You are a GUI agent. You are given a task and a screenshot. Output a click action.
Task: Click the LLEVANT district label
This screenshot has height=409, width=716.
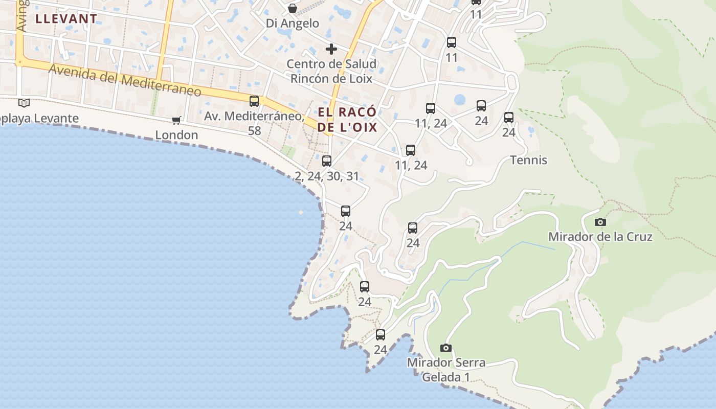click(x=66, y=19)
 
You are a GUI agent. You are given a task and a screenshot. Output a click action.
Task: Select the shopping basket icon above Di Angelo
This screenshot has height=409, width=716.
click(x=293, y=8)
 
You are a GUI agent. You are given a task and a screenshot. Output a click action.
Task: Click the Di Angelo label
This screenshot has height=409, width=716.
click(x=293, y=23)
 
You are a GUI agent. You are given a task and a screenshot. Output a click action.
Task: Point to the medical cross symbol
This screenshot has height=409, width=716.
click(x=331, y=49)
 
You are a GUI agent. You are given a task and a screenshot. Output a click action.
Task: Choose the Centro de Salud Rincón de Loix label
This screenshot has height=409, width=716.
click(x=331, y=71)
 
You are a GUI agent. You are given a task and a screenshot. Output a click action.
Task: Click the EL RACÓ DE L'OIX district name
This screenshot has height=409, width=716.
click(x=347, y=120)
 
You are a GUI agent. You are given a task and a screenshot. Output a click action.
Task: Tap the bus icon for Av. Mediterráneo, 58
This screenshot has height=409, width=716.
click(x=254, y=101)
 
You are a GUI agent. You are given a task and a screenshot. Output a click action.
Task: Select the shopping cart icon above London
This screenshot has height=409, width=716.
click(x=176, y=120)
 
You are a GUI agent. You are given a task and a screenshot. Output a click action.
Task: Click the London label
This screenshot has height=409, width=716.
click(x=176, y=135)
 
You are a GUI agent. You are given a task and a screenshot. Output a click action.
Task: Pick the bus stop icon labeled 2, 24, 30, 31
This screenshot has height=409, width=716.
click(x=327, y=161)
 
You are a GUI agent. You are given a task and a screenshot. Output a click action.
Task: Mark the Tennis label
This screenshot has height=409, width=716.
click(x=529, y=160)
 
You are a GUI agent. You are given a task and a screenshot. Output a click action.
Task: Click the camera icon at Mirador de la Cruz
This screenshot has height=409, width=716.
click(x=600, y=222)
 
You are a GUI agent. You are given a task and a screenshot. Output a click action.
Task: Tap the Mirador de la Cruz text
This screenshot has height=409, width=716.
click(x=600, y=237)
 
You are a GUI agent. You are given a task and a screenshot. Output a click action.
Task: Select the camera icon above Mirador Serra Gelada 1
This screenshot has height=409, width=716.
click(x=446, y=348)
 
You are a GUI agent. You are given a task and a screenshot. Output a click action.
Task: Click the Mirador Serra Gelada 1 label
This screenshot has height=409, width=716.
click(x=446, y=370)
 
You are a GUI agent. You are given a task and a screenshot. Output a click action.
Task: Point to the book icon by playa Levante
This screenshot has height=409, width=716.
click(x=24, y=103)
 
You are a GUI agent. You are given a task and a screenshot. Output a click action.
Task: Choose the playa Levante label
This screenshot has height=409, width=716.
click(x=39, y=119)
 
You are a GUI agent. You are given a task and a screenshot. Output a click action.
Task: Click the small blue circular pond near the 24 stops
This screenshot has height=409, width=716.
click(x=460, y=100)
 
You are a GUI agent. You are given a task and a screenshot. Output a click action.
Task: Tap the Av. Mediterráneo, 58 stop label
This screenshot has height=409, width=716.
click(x=254, y=123)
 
